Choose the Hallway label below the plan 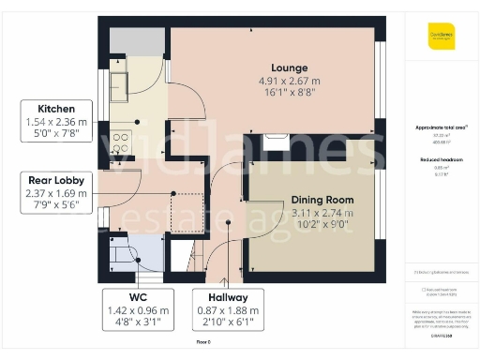[222, 297]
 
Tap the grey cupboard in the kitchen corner [127, 41]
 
